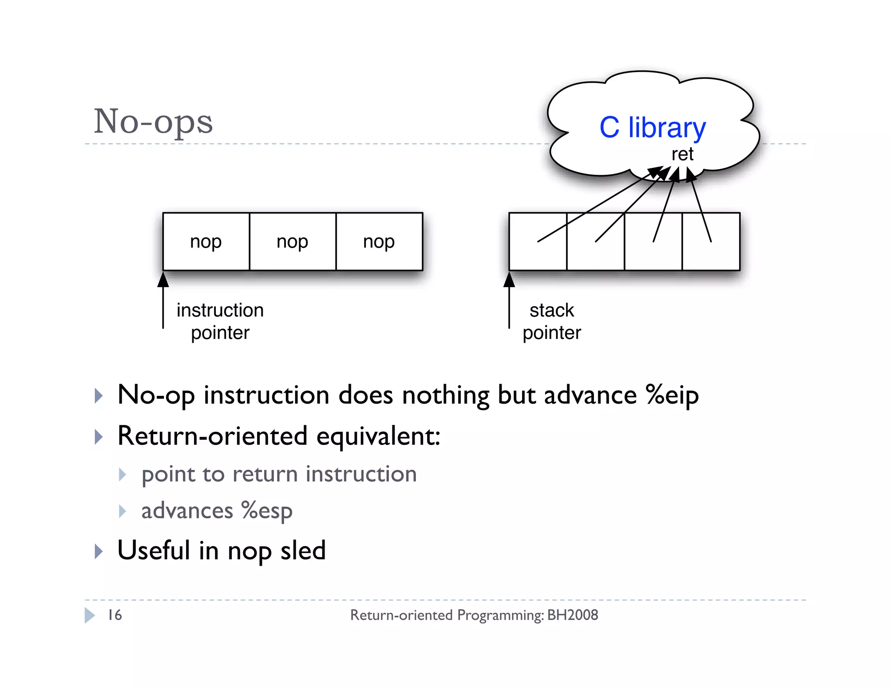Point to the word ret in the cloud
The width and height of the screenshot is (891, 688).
[x=682, y=154]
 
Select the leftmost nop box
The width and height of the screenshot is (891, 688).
[x=206, y=242]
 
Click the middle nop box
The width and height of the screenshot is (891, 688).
[x=292, y=242]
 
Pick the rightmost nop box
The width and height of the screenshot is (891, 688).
[x=379, y=242]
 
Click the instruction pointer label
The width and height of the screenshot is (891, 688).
[x=220, y=321]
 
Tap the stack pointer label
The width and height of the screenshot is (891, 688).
[x=552, y=321]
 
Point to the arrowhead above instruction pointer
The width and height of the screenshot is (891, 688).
[x=163, y=280]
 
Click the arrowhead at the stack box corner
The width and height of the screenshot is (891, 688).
[x=509, y=280]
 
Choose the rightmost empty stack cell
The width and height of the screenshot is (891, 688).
[x=711, y=257]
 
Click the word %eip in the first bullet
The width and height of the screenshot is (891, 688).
[x=672, y=395]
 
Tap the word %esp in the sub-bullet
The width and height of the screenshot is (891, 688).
[x=267, y=511]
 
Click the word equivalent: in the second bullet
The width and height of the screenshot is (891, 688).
[x=379, y=436]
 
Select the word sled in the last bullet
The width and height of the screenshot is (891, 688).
[x=303, y=551]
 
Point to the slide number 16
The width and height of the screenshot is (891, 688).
[x=115, y=615]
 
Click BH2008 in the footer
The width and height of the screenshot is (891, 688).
[x=573, y=615]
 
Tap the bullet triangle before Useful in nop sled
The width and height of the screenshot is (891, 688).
[x=99, y=551]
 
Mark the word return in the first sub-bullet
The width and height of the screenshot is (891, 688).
[x=265, y=474]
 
